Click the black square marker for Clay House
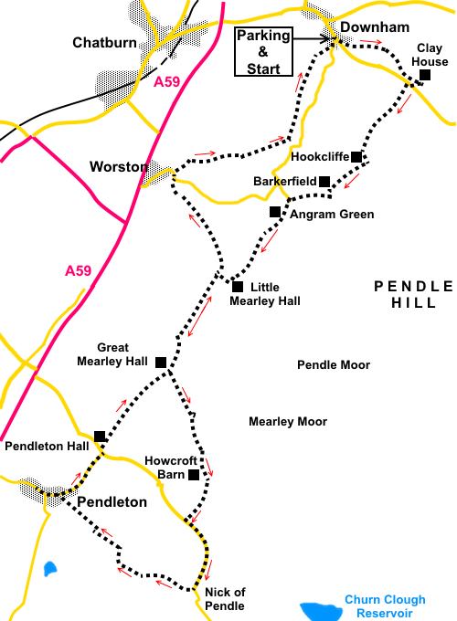(424, 75)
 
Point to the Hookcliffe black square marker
(356, 157)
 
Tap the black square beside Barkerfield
(324, 182)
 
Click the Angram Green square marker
(274, 212)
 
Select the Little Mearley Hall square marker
(238, 286)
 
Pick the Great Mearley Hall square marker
(161, 362)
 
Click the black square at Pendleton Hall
(101, 437)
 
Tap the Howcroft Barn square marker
(194, 475)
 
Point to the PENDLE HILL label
(414, 294)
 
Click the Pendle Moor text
(334, 364)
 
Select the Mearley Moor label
(288, 421)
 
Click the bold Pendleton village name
(111, 501)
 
